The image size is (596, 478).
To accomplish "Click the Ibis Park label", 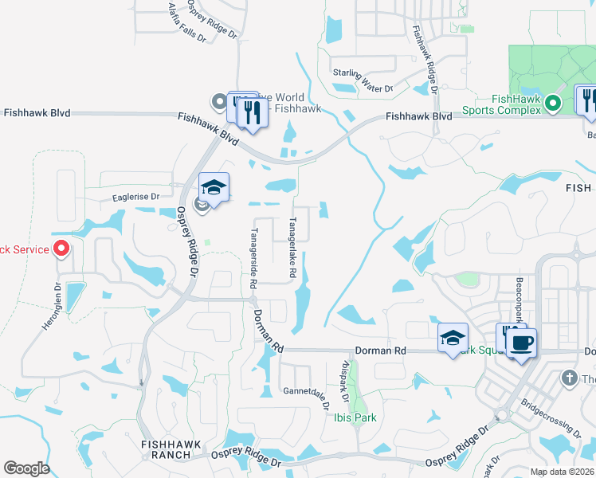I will click(355, 417).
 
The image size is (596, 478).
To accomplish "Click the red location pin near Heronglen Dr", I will click(62, 249).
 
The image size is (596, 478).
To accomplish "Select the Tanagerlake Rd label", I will click(293, 248).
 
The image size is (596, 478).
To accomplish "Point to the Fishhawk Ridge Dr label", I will click(425, 57).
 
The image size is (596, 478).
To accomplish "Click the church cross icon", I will click(569, 378).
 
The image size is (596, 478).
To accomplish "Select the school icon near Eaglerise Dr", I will click(214, 187).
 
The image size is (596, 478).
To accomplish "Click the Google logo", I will click(26, 468).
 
